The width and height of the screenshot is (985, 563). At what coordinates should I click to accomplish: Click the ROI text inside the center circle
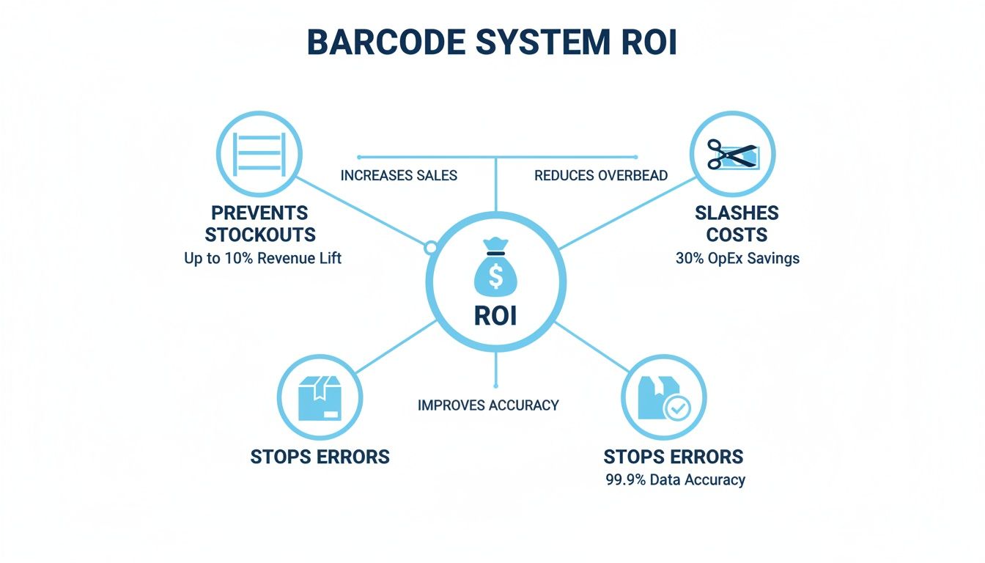(495, 315)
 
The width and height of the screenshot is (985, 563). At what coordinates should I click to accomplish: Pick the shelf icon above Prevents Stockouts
(259, 153)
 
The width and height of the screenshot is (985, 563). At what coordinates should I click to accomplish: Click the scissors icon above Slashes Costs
(732, 154)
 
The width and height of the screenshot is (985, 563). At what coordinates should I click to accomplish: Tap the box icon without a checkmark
(320, 398)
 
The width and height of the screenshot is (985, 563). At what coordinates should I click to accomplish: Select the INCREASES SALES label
(399, 176)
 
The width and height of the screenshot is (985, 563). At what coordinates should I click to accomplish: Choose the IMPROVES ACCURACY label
(488, 405)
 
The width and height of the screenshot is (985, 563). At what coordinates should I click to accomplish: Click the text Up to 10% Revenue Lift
(263, 258)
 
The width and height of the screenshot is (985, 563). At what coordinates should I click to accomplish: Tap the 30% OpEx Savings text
(737, 258)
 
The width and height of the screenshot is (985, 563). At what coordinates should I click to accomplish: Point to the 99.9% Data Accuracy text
(675, 480)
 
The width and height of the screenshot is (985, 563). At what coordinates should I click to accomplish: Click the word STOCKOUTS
(260, 235)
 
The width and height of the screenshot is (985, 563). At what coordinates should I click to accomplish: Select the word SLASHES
(737, 213)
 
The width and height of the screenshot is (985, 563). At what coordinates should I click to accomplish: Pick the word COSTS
(737, 235)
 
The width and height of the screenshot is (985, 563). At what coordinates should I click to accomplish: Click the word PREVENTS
(260, 213)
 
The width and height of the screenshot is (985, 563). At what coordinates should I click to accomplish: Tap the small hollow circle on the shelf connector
(431, 248)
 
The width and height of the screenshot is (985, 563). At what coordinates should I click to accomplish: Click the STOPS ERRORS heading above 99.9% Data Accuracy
(674, 457)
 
